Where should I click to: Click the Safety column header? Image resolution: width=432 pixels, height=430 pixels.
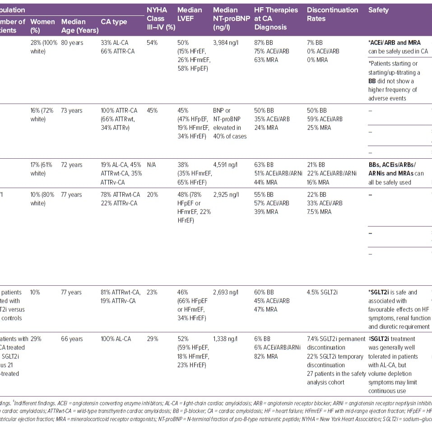[378, 10]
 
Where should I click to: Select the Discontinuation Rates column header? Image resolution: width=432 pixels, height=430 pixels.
[332, 14]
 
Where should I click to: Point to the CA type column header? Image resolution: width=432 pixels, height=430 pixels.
[114, 22]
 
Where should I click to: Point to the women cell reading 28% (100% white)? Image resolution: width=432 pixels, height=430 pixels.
[43, 47]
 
